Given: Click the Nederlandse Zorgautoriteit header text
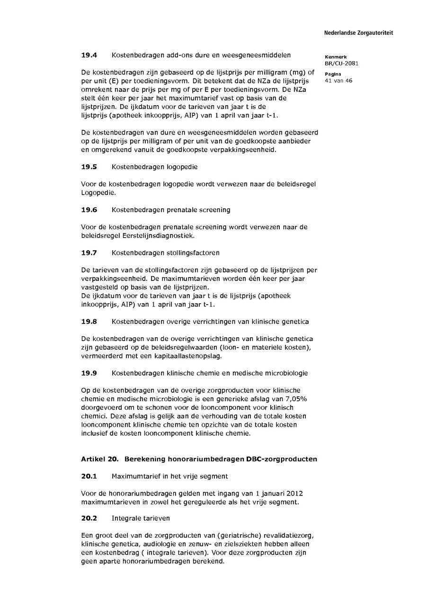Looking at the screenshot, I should point(358,33).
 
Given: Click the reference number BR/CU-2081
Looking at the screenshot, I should point(338,63).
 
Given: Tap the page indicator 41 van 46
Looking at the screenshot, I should point(338,81).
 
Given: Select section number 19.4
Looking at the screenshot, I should point(89,55).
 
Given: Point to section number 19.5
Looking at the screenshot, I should point(89,167).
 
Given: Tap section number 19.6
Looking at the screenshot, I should point(89,210).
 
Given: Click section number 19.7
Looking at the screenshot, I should point(89,253).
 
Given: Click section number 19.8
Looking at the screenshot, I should point(89,322).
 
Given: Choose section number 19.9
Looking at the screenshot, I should point(89,373).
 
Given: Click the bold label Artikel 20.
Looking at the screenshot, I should point(99,459).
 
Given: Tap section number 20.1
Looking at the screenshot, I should point(89,476).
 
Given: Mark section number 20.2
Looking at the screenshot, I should point(89,519).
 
